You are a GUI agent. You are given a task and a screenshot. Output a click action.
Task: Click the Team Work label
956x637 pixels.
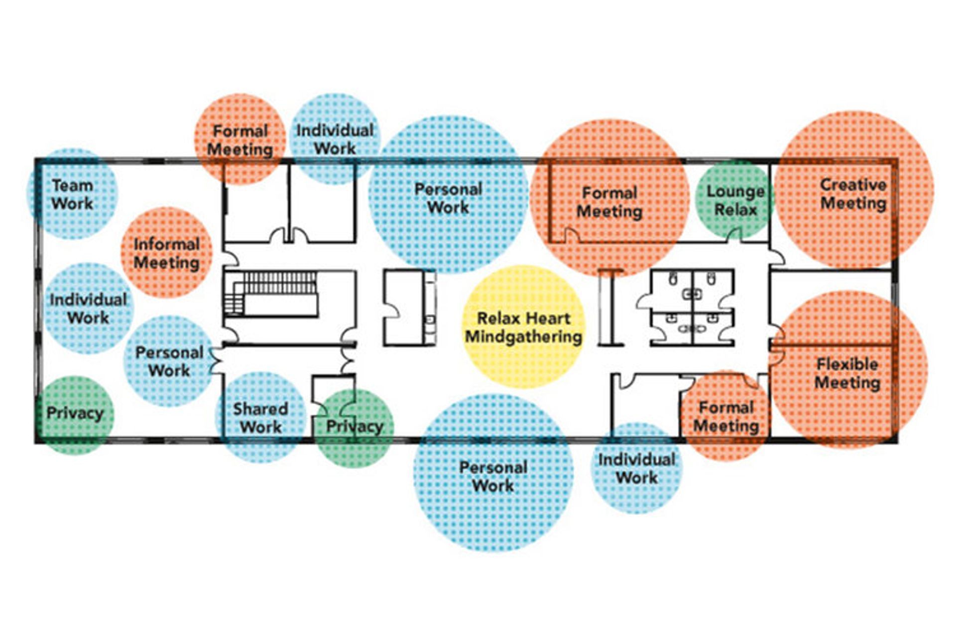pos(72,195)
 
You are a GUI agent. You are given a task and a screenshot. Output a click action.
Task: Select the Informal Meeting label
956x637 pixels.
pos(166,253)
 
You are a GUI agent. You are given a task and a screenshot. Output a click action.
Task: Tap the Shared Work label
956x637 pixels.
pos(260,418)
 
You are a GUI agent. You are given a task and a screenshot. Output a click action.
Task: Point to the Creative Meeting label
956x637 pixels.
pos(853,194)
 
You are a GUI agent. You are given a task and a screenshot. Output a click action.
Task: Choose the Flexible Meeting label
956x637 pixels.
pos(847,373)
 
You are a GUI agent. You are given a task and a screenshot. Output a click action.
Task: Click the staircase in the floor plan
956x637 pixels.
pos(271,294)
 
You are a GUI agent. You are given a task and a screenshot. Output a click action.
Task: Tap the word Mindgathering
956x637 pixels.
pos(523,337)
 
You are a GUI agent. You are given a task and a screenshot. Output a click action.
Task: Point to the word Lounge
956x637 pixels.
pos(735,191)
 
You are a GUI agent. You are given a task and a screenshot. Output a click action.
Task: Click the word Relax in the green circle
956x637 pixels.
pos(735,210)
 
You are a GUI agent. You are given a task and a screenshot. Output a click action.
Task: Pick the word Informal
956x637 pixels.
pos(166,244)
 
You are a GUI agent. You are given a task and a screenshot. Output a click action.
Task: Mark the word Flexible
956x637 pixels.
pos(847,364)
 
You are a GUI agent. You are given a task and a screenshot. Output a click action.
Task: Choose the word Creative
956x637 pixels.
pos(853,185)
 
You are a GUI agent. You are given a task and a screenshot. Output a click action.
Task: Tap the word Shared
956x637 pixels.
pos(260,409)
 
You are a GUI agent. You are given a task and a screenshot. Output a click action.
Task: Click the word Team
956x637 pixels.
pos(72,186)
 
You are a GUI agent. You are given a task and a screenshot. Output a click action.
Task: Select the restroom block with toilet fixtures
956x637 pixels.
pos(692,308)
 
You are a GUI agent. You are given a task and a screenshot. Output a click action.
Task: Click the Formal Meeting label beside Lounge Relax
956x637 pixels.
pos(609,202)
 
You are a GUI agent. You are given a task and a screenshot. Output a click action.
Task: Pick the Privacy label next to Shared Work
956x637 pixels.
pos(354,426)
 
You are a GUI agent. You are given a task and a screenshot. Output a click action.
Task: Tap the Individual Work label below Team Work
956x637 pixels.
pos(88,309)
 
